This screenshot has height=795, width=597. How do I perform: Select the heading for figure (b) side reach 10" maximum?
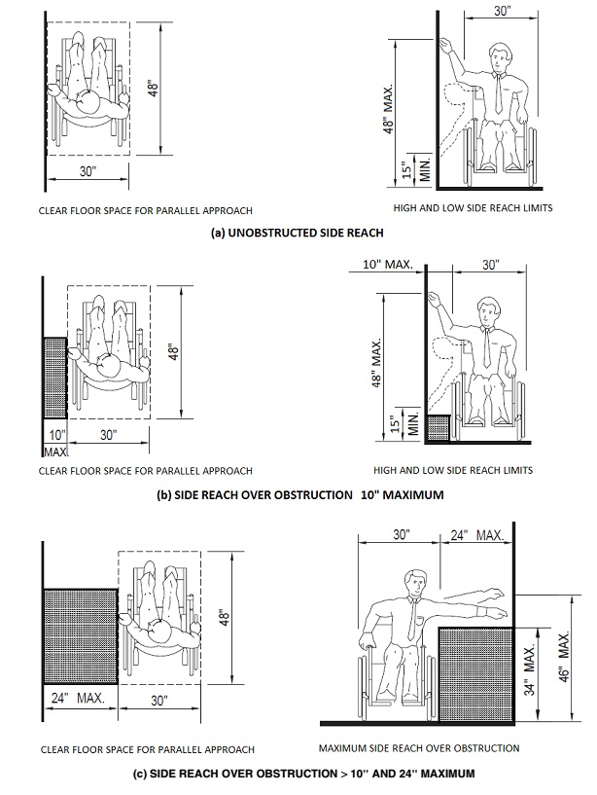(299, 494)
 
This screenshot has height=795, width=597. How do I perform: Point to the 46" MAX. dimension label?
(563, 659)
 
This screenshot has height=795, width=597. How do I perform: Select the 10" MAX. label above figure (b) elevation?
(387, 265)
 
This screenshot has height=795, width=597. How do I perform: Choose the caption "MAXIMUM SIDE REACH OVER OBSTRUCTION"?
(418, 748)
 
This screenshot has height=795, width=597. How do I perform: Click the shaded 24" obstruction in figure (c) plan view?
(79, 636)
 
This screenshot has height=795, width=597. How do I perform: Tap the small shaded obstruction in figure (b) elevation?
(439, 427)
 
